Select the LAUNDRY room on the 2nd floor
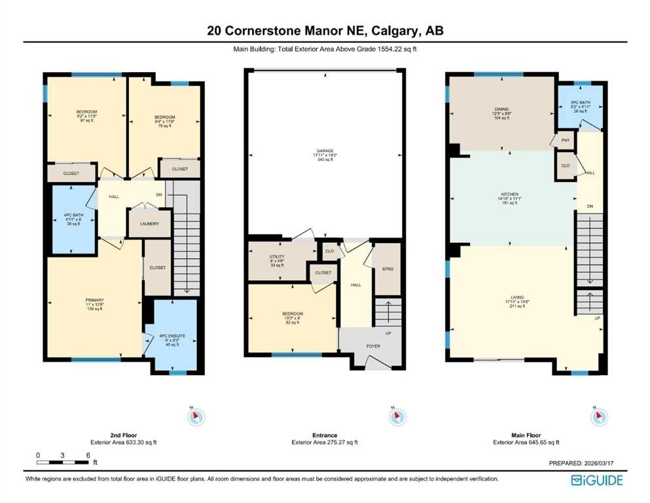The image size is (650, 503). [x=149, y=224]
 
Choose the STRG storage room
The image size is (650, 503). [x=386, y=269]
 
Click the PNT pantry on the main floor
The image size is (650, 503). [x=565, y=140]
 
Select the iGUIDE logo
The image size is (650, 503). [x=596, y=480]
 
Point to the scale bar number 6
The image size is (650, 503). [x=87, y=455]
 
